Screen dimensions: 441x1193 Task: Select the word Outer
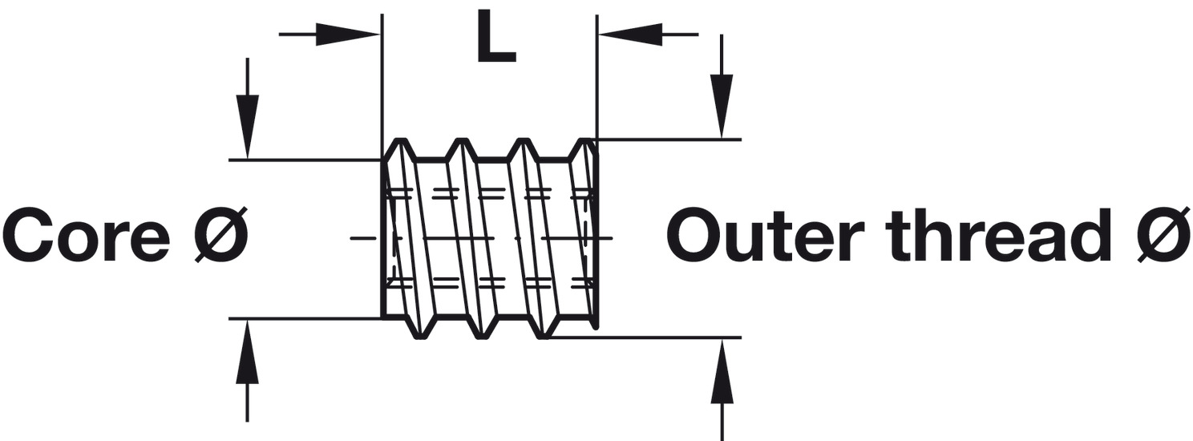click(765, 236)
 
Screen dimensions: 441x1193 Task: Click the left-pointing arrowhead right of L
click(630, 34)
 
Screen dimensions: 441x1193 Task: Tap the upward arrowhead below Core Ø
click(248, 353)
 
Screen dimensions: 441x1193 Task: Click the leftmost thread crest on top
click(399, 144)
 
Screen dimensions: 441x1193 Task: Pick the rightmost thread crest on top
click(586, 144)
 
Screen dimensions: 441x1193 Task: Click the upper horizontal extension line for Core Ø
click(305, 160)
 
